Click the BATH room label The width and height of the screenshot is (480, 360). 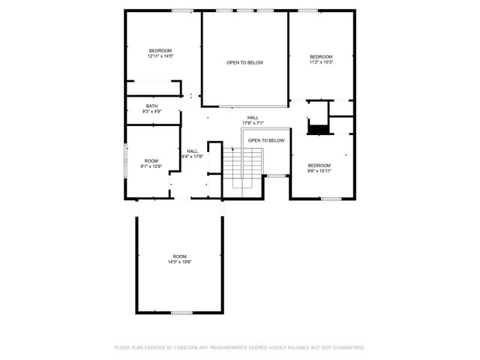pyautogui.click(x=151, y=106)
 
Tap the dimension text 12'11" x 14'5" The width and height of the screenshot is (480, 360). pyautogui.click(x=160, y=56)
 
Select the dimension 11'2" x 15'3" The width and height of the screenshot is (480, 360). pyautogui.click(x=321, y=62)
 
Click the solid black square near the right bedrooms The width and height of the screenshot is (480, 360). pyautogui.click(x=319, y=129)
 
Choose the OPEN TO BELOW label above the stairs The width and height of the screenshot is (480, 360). pyautogui.click(x=266, y=140)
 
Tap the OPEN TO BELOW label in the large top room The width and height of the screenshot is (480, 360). pyautogui.click(x=245, y=62)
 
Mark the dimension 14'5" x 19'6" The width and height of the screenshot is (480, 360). pyautogui.click(x=180, y=262)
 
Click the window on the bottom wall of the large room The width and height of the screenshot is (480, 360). pyautogui.click(x=181, y=312)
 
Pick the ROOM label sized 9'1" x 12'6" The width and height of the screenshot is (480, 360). pyautogui.click(x=151, y=163)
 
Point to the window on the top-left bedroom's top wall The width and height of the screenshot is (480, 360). pyautogui.click(x=181, y=10)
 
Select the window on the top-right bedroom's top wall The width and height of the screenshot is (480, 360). pyautogui.click(x=307, y=10)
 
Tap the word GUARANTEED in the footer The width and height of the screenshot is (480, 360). pyautogui.click(x=346, y=348)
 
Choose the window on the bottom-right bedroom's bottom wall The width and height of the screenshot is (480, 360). pyautogui.click(x=331, y=199)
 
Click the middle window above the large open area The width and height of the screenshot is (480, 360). pyautogui.click(x=244, y=10)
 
